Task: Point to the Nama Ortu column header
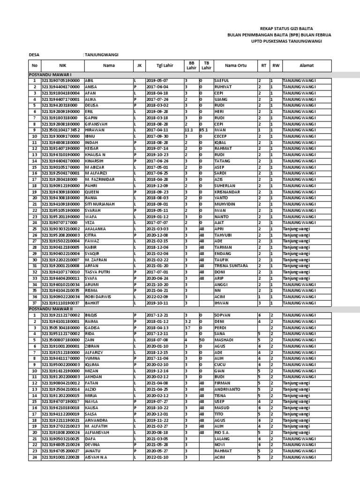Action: (x=235, y=66)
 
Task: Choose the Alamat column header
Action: (x=307, y=66)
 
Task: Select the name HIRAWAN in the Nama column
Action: (x=94, y=130)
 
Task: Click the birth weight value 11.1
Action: (x=189, y=130)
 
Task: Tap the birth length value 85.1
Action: (x=204, y=130)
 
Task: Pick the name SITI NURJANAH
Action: (x=100, y=204)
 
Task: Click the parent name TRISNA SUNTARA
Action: (x=231, y=266)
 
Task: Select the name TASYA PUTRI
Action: (x=97, y=272)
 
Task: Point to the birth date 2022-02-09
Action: (x=157, y=297)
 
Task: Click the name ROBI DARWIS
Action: (x=98, y=297)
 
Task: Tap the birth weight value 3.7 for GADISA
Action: (x=187, y=328)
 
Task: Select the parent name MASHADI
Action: (x=224, y=340)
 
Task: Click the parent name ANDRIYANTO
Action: (x=227, y=390)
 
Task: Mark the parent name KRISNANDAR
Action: (x=227, y=192)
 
